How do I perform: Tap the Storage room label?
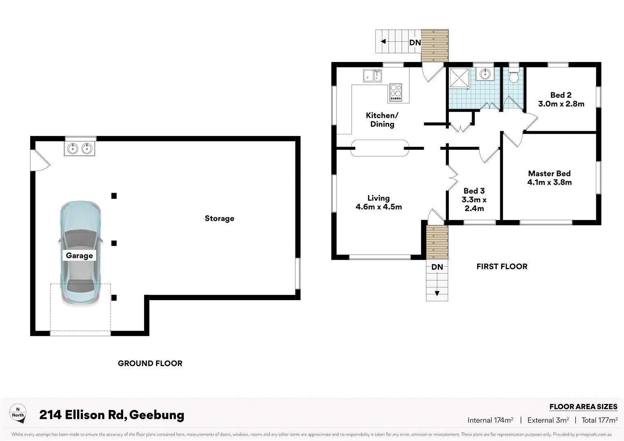219,218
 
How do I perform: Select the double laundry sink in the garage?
80,149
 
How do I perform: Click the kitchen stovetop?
395,92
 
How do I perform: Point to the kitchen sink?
372,76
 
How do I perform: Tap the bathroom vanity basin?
486,74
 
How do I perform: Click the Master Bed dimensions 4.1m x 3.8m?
549,183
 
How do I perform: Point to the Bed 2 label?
561,95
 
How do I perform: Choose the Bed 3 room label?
474,191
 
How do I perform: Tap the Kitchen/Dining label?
382,120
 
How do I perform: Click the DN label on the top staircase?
415,42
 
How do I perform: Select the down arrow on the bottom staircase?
437,293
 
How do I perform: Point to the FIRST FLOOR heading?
502,267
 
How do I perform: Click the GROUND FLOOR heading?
150,363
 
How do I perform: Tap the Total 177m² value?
599,420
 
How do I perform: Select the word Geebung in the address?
157,415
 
